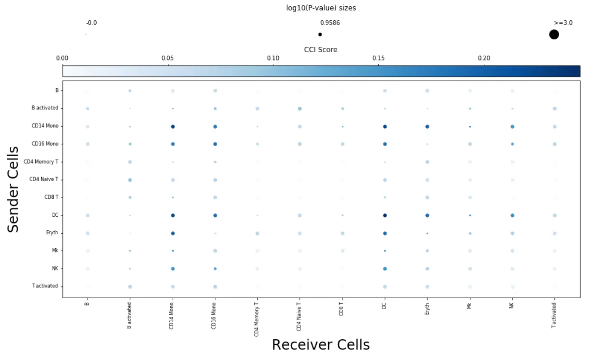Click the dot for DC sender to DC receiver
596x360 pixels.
pos(385,215)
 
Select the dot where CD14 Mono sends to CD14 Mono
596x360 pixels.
pos(173,127)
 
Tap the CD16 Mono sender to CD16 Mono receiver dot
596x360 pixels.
pos(215,144)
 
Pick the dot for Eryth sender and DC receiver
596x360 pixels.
pos(385,233)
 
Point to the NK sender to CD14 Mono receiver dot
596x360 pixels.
pos(173,269)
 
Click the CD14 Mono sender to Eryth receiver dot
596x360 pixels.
pos(427,127)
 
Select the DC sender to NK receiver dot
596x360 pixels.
pos(512,215)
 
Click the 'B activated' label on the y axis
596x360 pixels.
pos(45,108)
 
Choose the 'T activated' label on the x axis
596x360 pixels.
pos(554,315)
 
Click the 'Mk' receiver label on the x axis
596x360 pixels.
pos(469,306)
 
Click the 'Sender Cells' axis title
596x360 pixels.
pos(14,189)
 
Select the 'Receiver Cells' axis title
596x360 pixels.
pos(321,345)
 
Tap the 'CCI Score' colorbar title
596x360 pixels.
pos(321,50)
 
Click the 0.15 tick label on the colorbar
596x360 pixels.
pos(378,59)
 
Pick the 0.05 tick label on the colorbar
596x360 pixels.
pos(167,59)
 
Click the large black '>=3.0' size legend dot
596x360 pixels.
pos(554,34)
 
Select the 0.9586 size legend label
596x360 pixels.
pos(330,23)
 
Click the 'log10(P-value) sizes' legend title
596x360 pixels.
pos(321,8)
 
